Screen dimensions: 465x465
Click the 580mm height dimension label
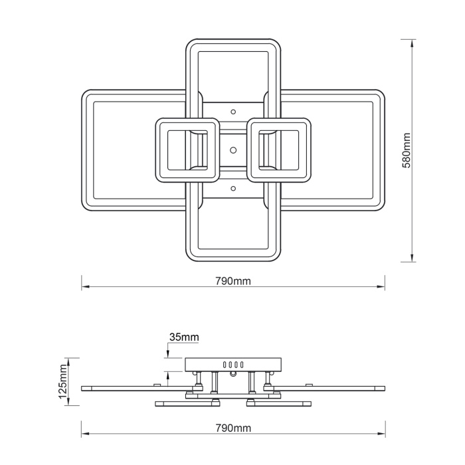[407, 151]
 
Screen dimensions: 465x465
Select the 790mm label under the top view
[232, 281]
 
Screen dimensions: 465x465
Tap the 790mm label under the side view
[232, 428]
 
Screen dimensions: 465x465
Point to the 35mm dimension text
[184, 337]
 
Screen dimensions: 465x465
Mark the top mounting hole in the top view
[233, 112]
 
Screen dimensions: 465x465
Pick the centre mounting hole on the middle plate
[233, 149]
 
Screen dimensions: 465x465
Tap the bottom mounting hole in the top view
[233, 189]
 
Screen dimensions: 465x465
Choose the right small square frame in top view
[279, 149]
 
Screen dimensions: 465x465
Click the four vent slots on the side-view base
[233, 365]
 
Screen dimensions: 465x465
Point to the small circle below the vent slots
[233, 375]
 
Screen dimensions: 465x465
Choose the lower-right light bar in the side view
[279, 403]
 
